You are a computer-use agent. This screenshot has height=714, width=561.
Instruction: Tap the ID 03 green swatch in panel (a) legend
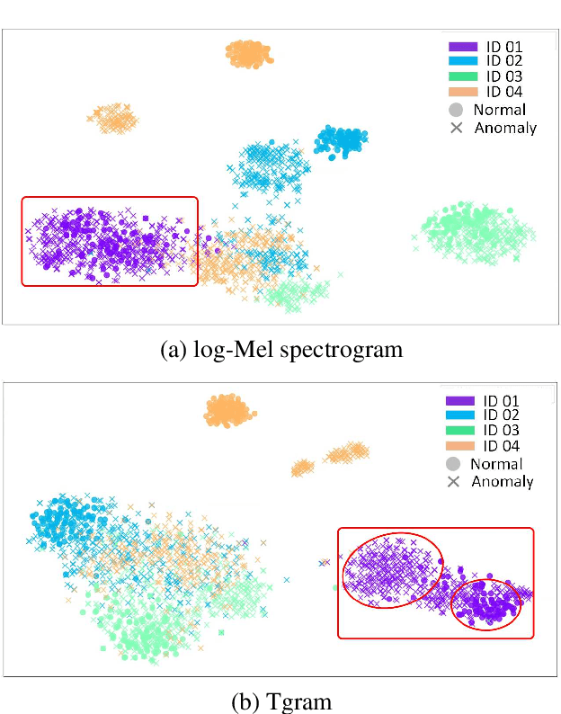coord(464,77)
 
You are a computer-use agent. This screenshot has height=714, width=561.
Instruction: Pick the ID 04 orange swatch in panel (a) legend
coord(464,92)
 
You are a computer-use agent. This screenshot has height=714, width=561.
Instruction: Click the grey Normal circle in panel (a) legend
coord(456,110)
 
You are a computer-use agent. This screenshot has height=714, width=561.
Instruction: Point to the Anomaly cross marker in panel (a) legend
coord(456,128)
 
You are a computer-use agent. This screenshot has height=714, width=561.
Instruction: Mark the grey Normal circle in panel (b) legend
coord(453,464)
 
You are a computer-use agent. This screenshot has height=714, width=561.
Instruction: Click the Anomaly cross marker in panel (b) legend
coord(453,482)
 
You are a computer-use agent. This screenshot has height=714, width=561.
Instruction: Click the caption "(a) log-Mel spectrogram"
coord(280,350)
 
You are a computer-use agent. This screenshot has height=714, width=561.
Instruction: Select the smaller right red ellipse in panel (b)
coord(486,603)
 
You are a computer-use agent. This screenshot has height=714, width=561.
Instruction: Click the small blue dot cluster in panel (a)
coord(340,139)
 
